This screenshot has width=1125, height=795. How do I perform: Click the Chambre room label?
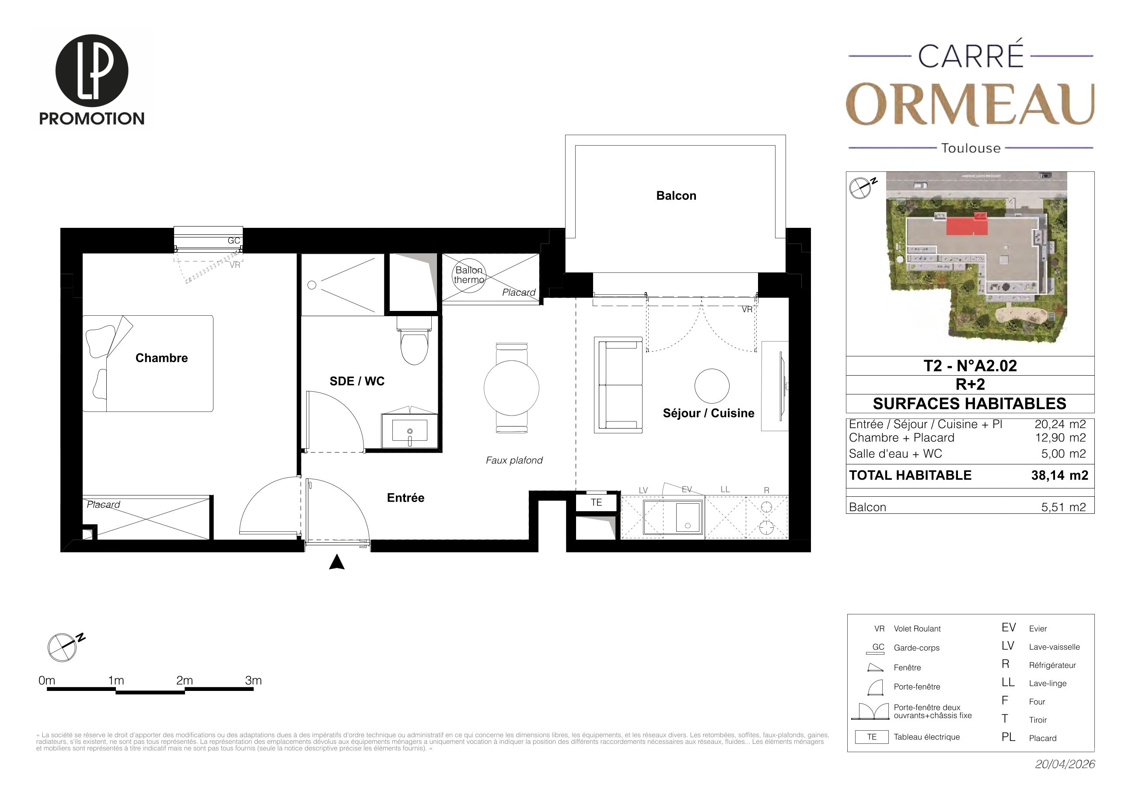(x=162, y=358)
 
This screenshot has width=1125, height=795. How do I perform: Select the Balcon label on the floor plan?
(x=676, y=196)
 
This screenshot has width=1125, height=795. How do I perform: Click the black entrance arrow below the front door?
(x=337, y=562)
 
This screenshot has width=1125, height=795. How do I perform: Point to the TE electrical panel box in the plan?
(x=596, y=502)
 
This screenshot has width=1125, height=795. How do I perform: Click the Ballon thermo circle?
(x=468, y=276)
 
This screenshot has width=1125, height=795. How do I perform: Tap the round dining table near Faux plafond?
(x=511, y=388)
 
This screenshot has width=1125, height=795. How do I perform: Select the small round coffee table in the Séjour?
(x=712, y=386)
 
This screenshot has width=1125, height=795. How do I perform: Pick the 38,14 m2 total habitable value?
(x=1060, y=475)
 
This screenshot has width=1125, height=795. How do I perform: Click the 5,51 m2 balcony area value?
(x=1064, y=507)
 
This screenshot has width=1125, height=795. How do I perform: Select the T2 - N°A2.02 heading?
(x=970, y=366)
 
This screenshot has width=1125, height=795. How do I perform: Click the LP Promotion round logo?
(x=92, y=70)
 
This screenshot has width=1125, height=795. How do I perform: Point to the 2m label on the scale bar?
(x=185, y=680)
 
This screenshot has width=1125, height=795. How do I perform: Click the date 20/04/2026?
(x=1065, y=764)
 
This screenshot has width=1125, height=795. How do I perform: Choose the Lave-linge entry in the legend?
(x=1048, y=683)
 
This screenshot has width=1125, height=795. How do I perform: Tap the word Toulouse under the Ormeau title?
(x=971, y=148)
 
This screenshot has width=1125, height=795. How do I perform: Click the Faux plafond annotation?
(x=514, y=460)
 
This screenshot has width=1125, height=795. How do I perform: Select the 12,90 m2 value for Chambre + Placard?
(x=1060, y=437)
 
